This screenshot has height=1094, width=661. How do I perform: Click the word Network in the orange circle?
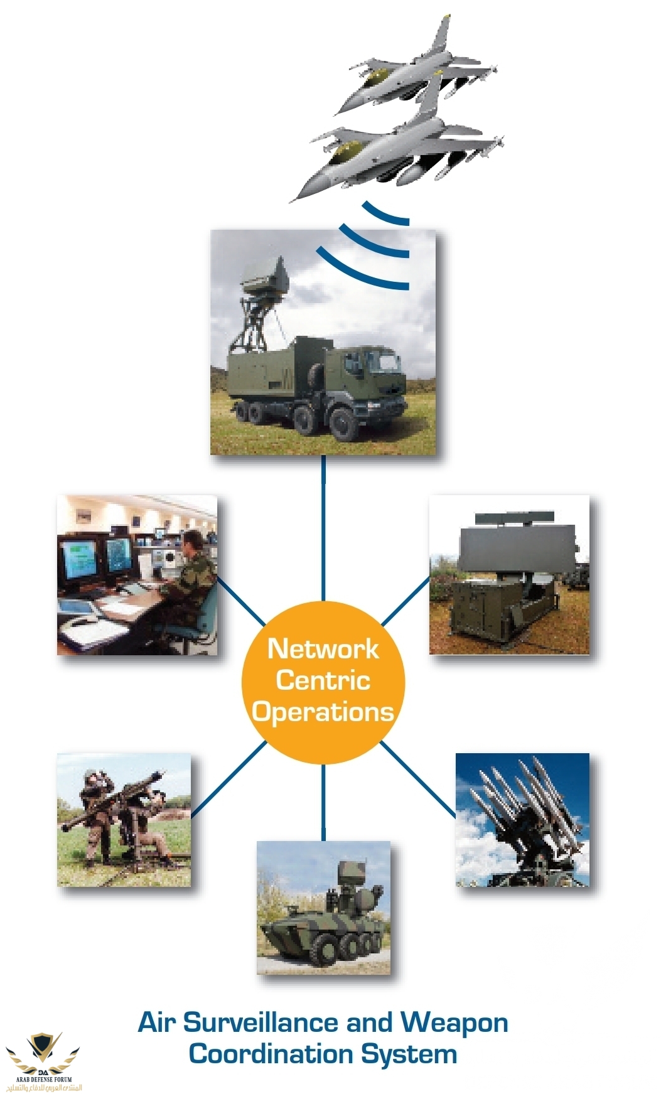coord(323,649)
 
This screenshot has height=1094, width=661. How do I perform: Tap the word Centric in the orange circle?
coord(323,680)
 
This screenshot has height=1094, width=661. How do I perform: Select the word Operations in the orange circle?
coord(323,712)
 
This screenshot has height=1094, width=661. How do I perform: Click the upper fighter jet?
coord(414,66)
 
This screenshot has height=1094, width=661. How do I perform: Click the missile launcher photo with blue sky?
coord(522,819)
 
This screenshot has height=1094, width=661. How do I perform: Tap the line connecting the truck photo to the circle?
coord(323,527)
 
